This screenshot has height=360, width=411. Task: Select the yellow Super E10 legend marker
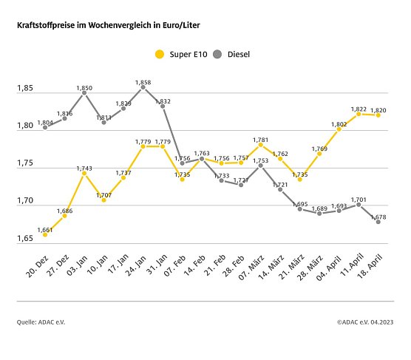tap(159, 54)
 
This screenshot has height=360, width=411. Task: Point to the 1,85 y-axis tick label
tap(25, 89)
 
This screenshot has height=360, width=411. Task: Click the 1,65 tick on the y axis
tap(25, 239)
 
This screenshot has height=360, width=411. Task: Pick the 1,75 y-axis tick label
tap(25, 164)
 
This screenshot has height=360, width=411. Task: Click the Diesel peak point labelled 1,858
tap(143, 87)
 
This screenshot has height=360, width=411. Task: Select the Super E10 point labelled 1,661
tap(45, 234)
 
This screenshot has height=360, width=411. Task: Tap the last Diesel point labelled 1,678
tap(378, 222)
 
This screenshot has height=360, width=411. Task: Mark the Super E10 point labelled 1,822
tap(359, 114)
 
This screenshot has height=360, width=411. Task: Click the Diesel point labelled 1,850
tap(84, 93)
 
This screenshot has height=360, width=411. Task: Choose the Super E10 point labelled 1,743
tap(84, 173)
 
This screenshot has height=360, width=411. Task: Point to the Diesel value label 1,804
tap(45, 122)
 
